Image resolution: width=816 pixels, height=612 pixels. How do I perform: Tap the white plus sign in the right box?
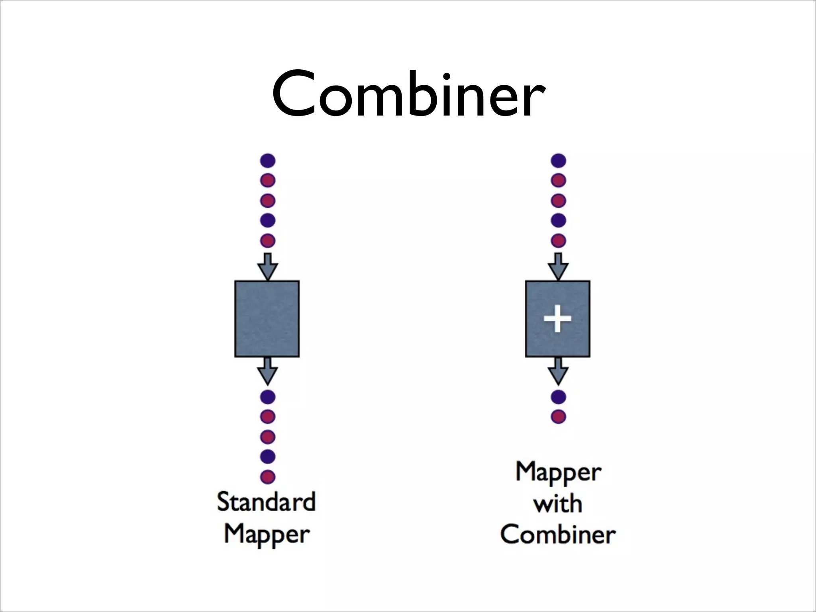pos(558,318)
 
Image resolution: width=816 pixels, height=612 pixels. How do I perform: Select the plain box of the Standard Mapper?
pos(267,319)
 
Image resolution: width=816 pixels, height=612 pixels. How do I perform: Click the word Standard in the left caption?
pos(266,502)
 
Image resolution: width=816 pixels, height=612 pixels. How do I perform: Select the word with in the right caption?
pos(558,504)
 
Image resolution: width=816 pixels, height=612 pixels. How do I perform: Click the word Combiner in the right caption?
pos(558,534)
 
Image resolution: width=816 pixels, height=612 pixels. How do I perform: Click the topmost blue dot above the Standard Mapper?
pos(268,161)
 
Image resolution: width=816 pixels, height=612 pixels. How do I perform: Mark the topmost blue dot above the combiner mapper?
pos(559,161)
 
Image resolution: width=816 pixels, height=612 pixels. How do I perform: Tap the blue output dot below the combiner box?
pos(559,397)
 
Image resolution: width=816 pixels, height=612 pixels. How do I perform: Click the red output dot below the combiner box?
pos(559,417)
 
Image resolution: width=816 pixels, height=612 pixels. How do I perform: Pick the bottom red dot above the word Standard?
pos(268,477)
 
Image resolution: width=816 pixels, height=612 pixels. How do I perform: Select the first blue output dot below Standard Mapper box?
pos(268,397)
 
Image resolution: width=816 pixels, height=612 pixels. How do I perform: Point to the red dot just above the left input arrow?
pos(268,241)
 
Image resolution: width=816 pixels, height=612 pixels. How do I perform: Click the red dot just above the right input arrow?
pos(559,241)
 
